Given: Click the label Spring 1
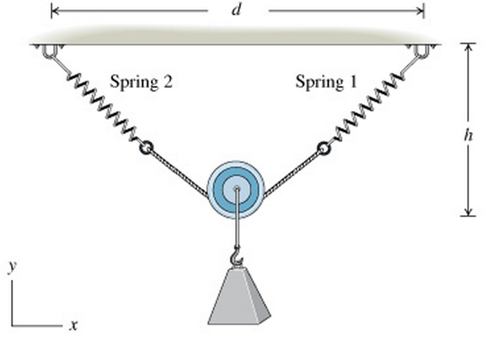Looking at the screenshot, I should coord(326,82).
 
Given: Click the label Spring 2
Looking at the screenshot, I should coord(141,82).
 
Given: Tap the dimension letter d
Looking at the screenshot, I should coord(237,10).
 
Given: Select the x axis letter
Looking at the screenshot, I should coord(74,325).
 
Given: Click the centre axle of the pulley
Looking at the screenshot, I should coord(236,188).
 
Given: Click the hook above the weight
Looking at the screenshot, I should coord(238,258).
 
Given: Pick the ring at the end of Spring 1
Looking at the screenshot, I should coord(324,149).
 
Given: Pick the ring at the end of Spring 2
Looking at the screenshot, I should coord(146,149).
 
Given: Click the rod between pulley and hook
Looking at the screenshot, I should coord(237,221).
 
